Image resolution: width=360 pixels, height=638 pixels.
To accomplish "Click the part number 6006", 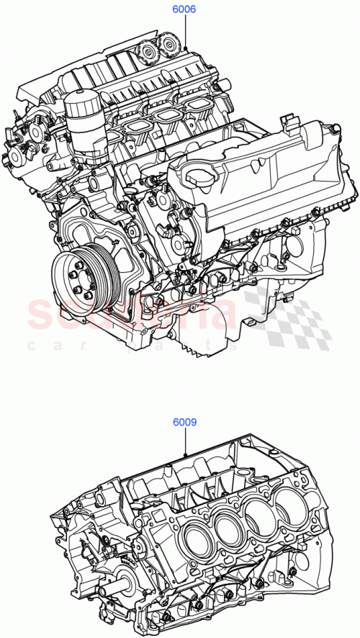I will [x=184, y=10].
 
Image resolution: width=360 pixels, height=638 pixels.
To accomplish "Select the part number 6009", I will [x=184, y=423].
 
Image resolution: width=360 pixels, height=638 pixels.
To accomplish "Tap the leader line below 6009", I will [x=185, y=442].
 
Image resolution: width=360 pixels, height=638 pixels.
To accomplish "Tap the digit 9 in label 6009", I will [x=194, y=423].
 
